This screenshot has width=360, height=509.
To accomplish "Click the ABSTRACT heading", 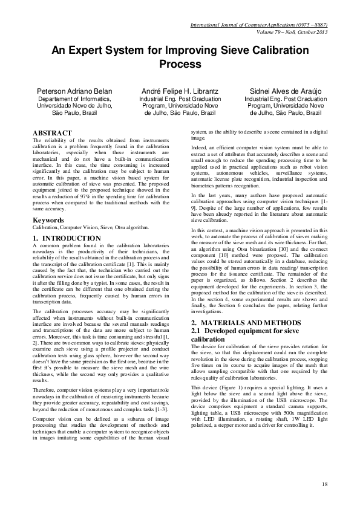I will pyautogui.click(x=52, y=133).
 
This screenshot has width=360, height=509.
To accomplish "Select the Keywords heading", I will pyautogui.click(x=48, y=220).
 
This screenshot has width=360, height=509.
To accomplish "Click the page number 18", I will pyautogui.click(x=325, y=484).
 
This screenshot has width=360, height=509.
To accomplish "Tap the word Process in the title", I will pyautogui.click(x=180, y=63).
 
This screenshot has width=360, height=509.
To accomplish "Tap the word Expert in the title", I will pyautogui.click(x=87, y=50).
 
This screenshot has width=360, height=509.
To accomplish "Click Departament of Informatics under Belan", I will pyautogui.click(x=74, y=99).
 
